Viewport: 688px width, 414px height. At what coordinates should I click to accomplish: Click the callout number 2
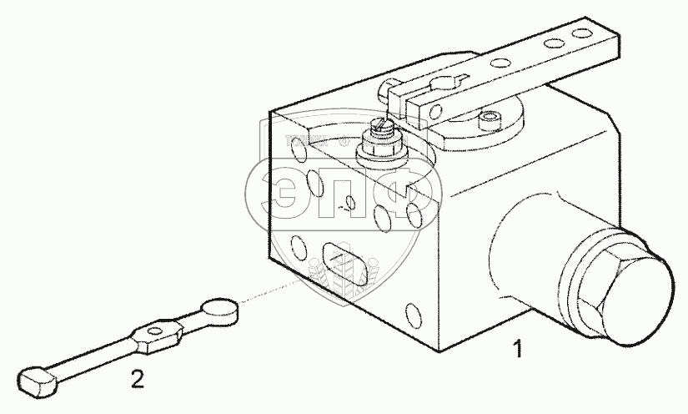pyautogui.click(x=138, y=380)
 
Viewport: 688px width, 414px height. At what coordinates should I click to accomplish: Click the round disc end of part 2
pyautogui.click(x=221, y=309)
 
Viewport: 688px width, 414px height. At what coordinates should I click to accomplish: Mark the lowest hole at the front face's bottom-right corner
pyautogui.click(x=414, y=315)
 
